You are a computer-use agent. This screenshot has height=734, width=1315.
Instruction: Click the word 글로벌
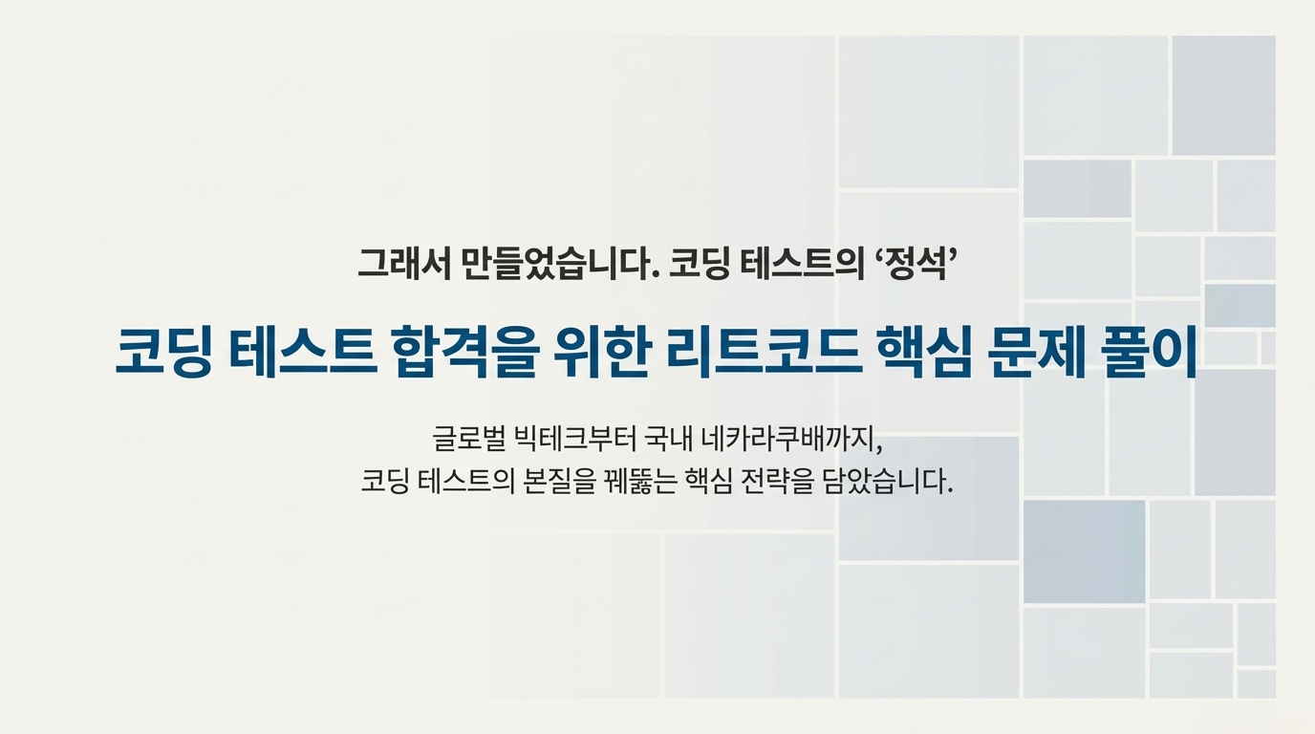468,439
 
